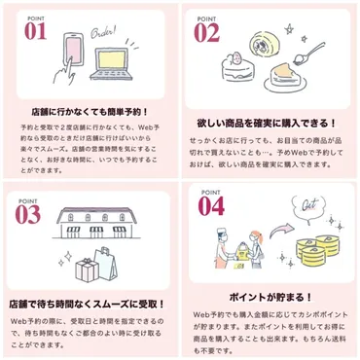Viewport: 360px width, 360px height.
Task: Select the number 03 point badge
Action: coord(29,210)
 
